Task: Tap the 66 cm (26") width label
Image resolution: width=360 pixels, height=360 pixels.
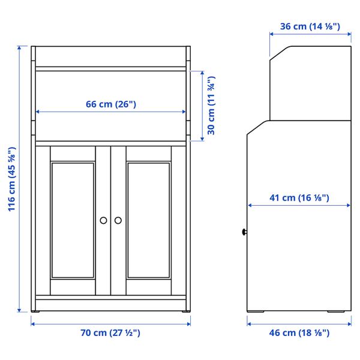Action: pyautogui.click(x=111, y=104)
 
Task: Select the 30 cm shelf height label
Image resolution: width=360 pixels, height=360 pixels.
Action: pyautogui.click(x=212, y=105)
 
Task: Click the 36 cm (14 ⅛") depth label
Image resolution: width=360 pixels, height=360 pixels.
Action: pyautogui.click(x=310, y=26)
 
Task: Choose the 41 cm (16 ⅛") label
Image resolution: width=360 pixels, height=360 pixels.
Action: pyautogui.click(x=299, y=198)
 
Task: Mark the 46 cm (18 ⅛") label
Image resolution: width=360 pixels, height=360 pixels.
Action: pyautogui.click(x=299, y=333)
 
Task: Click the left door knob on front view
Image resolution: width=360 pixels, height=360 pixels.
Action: pyautogui.click(x=103, y=220)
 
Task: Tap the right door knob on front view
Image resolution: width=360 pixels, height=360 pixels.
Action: pyautogui.click(x=118, y=220)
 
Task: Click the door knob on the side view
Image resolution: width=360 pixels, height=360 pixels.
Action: pyautogui.click(x=245, y=232)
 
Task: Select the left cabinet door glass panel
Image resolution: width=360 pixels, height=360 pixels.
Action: pyautogui.click(x=73, y=220)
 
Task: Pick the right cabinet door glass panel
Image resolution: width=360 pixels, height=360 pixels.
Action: pyautogui.click(x=148, y=220)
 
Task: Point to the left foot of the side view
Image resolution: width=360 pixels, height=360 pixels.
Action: pyautogui.click(x=259, y=311)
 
